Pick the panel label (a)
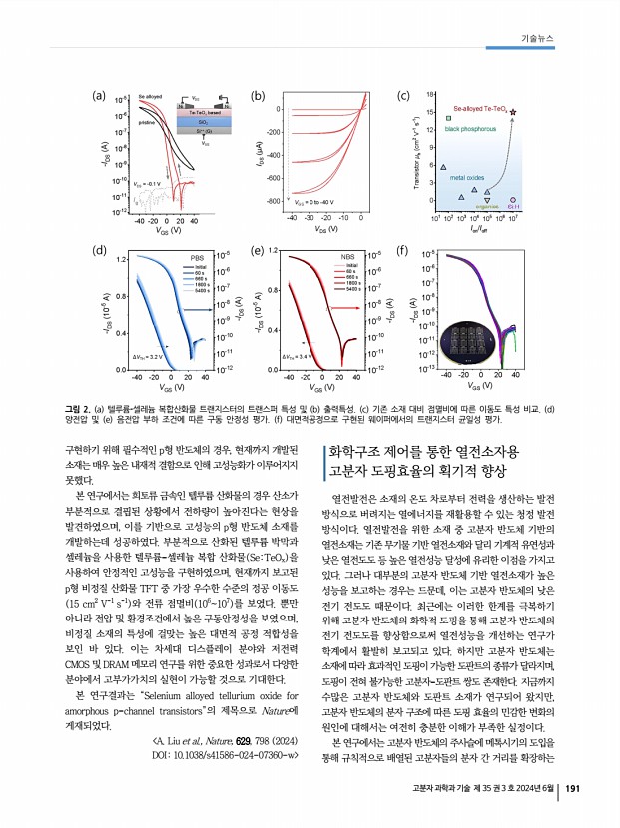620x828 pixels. tap(98, 97)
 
